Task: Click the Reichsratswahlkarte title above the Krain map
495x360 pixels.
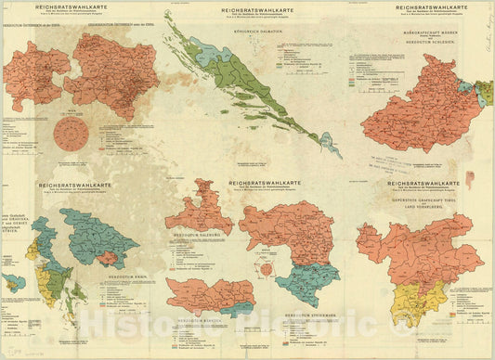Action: point(75,185)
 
